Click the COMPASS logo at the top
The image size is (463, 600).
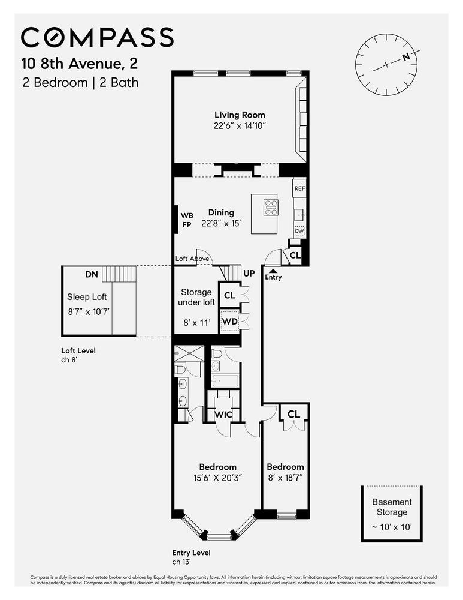(98, 37)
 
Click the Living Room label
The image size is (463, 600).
(240, 115)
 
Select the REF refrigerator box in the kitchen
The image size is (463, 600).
(299, 188)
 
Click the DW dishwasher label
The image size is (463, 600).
(299, 231)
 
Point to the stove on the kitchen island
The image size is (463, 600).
(271, 207)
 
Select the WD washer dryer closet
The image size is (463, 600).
(229, 322)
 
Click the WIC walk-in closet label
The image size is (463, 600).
(223, 414)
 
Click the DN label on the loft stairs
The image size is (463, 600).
(91, 274)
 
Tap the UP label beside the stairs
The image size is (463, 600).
(250, 273)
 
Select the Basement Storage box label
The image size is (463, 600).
(392, 507)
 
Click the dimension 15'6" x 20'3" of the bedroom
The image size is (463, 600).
(217, 478)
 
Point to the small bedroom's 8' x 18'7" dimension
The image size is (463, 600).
(285, 478)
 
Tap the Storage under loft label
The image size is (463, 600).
(197, 297)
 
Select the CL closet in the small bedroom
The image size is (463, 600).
(293, 414)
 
